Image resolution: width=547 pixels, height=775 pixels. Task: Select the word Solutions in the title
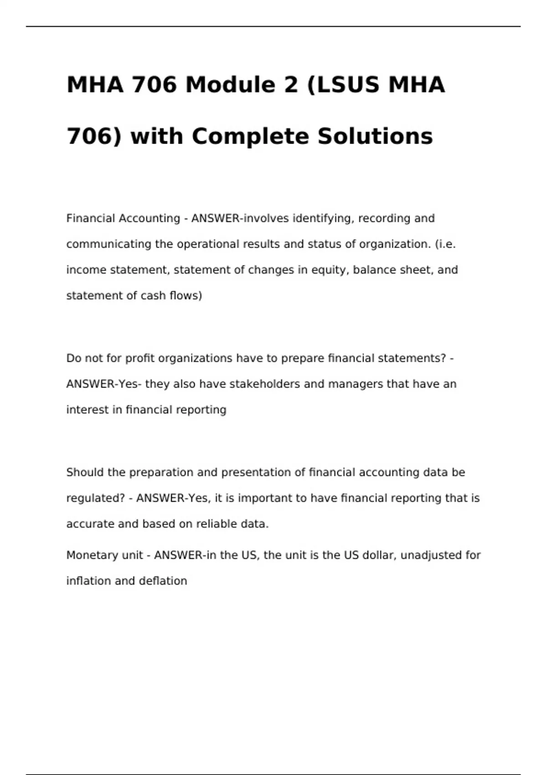pos(375,136)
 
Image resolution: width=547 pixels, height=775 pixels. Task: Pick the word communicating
pos(109,244)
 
